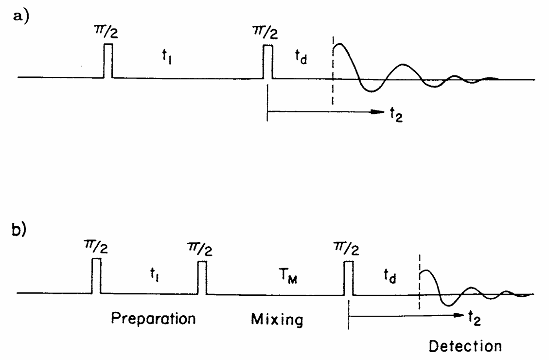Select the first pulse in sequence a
tap(108, 61)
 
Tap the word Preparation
tap(153, 319)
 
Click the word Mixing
tap(277, 320)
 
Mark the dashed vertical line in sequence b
tap(419, 283)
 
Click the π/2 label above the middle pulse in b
tap(202, 249)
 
